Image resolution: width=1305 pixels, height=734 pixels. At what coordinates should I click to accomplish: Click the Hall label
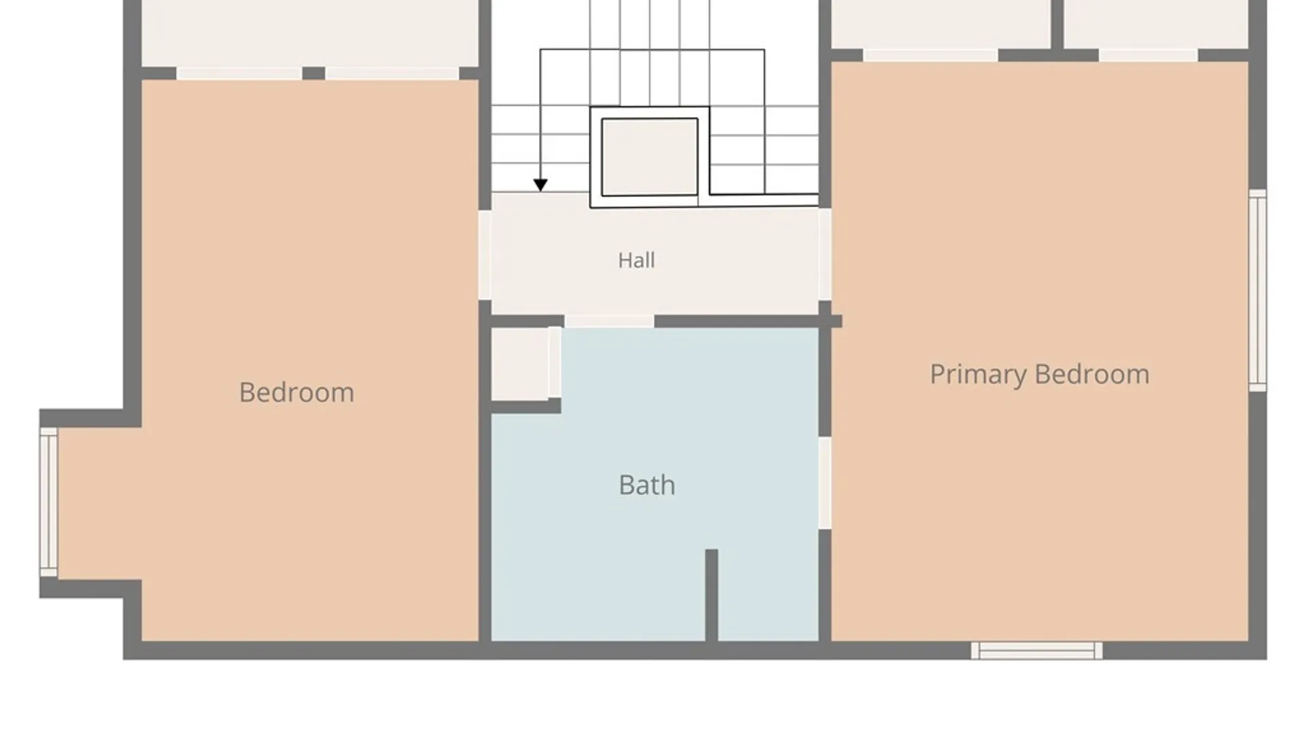[x=636, y=260]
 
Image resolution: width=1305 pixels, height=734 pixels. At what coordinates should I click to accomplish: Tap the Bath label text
[x=647, y=485]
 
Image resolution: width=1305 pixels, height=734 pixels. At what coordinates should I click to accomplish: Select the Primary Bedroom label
[x=1039, y=375]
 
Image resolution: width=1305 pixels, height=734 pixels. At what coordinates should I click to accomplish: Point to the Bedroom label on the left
[x=296, y=392]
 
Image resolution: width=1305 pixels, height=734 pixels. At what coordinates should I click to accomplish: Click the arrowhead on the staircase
[x=540, y=185]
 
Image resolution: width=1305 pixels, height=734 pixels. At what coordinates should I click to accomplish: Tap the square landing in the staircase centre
[x=649, y=157]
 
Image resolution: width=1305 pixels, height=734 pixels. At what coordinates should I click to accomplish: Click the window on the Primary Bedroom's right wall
[x=1257, y=290]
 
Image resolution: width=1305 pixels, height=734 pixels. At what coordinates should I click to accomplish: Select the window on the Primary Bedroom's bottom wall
[x=1037, y=650]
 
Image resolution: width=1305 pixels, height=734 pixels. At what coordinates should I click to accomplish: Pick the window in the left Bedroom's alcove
[x=48, y=502]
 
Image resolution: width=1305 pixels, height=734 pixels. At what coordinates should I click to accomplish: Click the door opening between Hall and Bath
[x=609, y=321]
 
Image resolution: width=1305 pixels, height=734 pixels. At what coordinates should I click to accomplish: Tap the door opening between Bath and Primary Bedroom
[x=824, y=483]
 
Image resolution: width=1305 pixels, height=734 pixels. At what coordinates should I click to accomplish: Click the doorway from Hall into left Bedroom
[x=485, y=255]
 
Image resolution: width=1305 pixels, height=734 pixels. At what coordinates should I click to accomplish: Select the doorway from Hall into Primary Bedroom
[x=824, y=254]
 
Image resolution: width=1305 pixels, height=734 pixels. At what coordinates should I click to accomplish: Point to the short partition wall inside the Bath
[x=712, y=595]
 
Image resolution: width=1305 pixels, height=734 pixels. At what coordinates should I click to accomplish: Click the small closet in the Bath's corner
[x=520, y=364]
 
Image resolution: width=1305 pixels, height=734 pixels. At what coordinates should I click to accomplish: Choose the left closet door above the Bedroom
[x=239, y=73]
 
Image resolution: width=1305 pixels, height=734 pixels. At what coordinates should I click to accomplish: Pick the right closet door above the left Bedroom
[x=392, y=73]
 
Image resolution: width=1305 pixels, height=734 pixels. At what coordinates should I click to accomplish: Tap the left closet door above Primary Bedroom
[x=930, y=55]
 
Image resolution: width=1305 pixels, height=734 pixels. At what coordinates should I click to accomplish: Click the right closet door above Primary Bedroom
[x=1148, y=55]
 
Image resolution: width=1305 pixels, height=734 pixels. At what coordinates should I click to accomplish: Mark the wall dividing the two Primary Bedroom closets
[x=1058, y=24]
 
